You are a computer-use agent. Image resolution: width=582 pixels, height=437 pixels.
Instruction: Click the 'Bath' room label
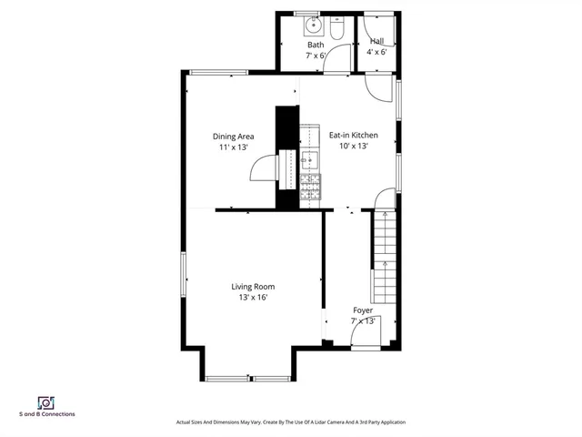pos(316,45)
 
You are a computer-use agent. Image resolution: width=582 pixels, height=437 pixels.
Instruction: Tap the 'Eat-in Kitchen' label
pos(353,136)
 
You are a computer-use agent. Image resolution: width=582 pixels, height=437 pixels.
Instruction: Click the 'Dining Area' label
pos(233,137)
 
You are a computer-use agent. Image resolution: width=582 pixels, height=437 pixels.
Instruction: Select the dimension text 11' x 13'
pos(233,147)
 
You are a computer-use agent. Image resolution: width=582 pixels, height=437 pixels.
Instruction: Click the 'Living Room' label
pos(253,287)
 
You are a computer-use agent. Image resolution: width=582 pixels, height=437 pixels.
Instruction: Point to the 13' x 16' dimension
pos(253,297)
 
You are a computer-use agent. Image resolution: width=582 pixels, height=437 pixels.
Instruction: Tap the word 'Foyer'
pos(363,310)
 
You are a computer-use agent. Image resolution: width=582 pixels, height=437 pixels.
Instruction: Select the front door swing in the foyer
pos(367,332)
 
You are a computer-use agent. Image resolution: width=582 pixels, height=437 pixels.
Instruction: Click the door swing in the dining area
pos(264,169)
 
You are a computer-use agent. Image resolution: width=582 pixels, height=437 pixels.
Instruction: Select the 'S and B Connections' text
pos(47,414)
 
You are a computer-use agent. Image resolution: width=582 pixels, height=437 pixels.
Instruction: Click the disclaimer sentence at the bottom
pos(290,422)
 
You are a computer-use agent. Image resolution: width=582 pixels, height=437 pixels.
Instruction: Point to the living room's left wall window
pos(185,273)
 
